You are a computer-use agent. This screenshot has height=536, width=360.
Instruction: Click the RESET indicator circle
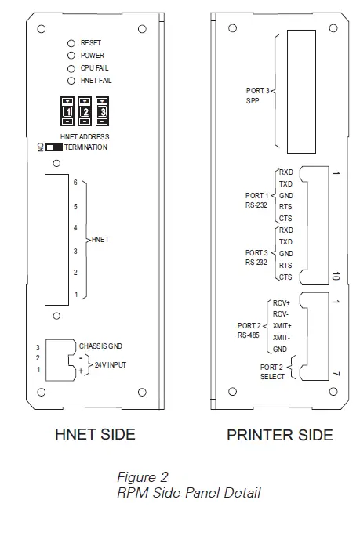(x=71, y=43)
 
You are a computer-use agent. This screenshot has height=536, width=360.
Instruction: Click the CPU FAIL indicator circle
(x=71, y=68)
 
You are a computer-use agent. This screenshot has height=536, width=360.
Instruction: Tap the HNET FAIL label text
(x=96, y=81)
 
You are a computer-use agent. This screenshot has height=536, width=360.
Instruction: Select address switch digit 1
(x=68, y=113)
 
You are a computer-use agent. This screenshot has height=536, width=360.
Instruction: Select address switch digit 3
(x=101, y=113)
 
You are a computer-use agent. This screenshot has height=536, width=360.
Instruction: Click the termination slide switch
(x=54, y=147)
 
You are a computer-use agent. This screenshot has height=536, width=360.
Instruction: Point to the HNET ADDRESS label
(x=84, y=138)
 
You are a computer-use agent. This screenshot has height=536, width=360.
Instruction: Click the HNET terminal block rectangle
(x=57, y=239)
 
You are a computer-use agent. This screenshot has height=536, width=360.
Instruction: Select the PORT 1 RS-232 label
(x=256, y=198)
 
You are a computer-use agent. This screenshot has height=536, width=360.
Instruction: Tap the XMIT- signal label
(x=280, y=336)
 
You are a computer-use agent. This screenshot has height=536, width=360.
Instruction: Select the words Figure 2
(x=142, y=477)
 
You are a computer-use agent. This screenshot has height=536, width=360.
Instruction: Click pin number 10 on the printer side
(x=335, y=276)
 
